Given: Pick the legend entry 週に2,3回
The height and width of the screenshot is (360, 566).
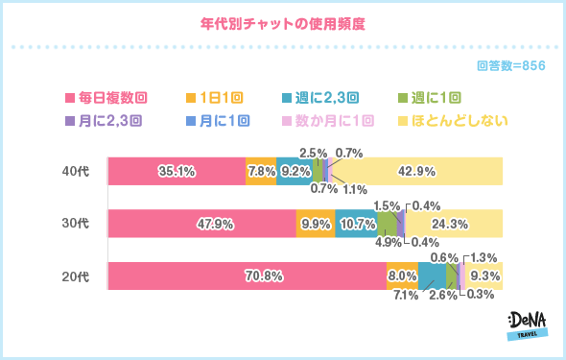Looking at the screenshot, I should (x=320, y=97).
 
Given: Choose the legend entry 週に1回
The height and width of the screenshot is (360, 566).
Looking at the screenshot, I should (x=432, y=97).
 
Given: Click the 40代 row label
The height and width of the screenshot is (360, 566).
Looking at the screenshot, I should (x=75, y=171).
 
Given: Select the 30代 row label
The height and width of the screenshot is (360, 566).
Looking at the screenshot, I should (x=75, y=224).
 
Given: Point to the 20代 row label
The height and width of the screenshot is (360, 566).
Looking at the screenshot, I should (x=75, y=276).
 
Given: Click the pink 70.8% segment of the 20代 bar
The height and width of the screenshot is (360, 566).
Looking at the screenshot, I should (x=247, y=276).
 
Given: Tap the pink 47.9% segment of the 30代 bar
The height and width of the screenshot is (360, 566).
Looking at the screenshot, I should (x=201, y=224).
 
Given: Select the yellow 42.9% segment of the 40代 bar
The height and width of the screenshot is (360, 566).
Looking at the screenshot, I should (x=416, y=171).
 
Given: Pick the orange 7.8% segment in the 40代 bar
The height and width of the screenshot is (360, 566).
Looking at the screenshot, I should (x=261, y=171).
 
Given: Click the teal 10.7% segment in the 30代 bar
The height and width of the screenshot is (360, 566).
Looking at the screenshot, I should (x=356, y=224).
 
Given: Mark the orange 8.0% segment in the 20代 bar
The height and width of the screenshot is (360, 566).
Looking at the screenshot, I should (x=402, y=276).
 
